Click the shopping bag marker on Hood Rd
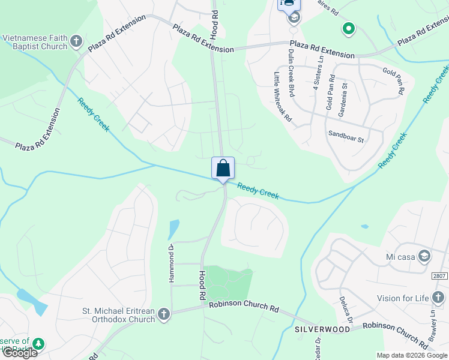pyautogui.click(x=223, y=168)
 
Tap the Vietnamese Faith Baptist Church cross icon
pyautogui.click(x=76, y=41)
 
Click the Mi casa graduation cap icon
pyautogui.click(x=424, y=256)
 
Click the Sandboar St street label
pyautogui.click(x=346, y=136)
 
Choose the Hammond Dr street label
pyautogui.click(x=170, y=265)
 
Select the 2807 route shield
pyautogui.click(x=439, y=276)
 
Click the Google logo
pyautogui.click(x=20, y=353)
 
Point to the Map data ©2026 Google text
pyautogui.click(x=412, y=355)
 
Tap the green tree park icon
pyautogui.click(x=38, y=344)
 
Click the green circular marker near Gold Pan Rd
pyautogui.click(x=348, y=28)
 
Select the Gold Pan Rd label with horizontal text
pyautogui.click(x=394, y=71)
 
